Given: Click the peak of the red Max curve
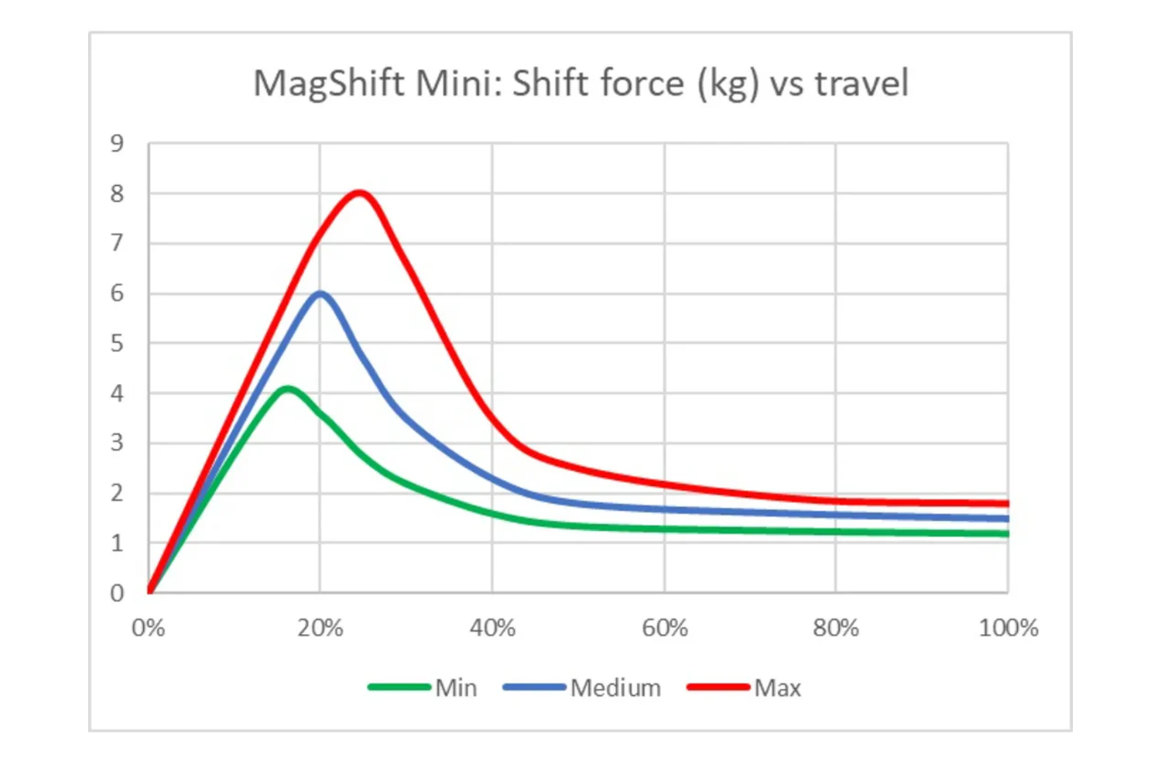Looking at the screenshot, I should [x=360, y=193].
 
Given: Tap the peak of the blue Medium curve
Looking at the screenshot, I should [x=320, y=293].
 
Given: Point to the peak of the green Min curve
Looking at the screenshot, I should [x=288, y=389].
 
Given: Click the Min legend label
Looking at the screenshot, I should [x=456, y=687].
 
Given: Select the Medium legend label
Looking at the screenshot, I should [x=615, y=687].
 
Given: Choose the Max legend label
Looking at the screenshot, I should [x=777, y=687].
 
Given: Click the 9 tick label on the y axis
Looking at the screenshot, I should [x=117, y=143].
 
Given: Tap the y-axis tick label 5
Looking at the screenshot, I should [x=117, y=343].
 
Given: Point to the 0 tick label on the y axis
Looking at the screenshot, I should [x=117, y=593].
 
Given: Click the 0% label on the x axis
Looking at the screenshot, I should [x=149, y=628].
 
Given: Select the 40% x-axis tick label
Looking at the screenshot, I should [x=492, y=628].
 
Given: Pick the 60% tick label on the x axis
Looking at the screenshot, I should [x=664, y=628].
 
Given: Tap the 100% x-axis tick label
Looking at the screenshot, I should [x=1008, y=628].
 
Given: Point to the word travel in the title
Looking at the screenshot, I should [x=861, y=84].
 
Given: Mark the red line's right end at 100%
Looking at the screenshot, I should [x=1006, y=503].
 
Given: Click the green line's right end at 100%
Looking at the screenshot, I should [x=1006, y=533].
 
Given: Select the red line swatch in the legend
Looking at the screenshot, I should [x=718, y=687].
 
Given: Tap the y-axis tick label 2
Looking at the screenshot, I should [x=117, y=493].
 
